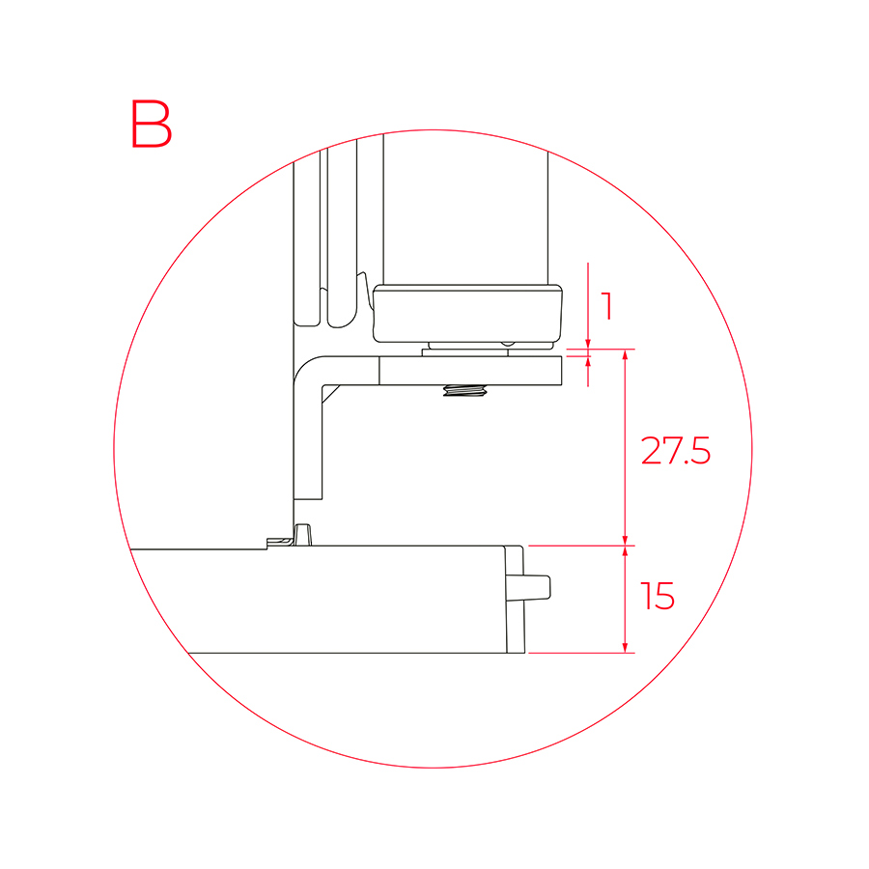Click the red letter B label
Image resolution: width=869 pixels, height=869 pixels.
[x=152, y=124]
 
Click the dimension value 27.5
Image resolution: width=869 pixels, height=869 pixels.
[x=675, y=451]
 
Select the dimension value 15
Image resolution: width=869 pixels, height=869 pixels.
[x=658, y=597]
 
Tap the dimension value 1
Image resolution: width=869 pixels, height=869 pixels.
[x=608, y=306]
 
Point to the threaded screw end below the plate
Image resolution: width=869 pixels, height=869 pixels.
[x=464, y=391]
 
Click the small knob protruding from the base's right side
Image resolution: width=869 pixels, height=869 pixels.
[x=537, y=587]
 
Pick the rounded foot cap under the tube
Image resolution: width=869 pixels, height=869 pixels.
[x=467, y=314]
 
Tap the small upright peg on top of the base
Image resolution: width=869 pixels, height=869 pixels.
[x=302, y=535]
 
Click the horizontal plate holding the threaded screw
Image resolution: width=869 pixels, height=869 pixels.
[x=470, y=371]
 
